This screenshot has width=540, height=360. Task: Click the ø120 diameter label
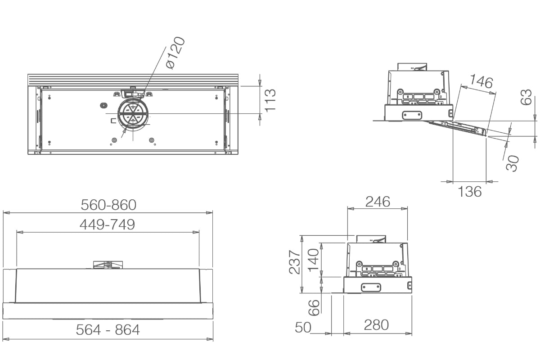pos(176,53)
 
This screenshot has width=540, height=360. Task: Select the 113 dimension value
pos(270,100)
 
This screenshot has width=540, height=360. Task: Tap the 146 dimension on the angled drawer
pos(481,81)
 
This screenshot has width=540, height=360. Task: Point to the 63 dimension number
pos(526,97)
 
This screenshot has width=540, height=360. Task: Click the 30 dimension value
pos(512,163)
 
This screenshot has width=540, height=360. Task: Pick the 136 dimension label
pos(469,192)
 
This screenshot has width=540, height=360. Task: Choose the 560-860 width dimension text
pos(108,205)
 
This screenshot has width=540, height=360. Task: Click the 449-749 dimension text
pos(107,225)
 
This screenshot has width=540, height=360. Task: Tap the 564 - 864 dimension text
pos(108,329)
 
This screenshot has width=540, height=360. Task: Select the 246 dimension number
pos(378,202)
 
